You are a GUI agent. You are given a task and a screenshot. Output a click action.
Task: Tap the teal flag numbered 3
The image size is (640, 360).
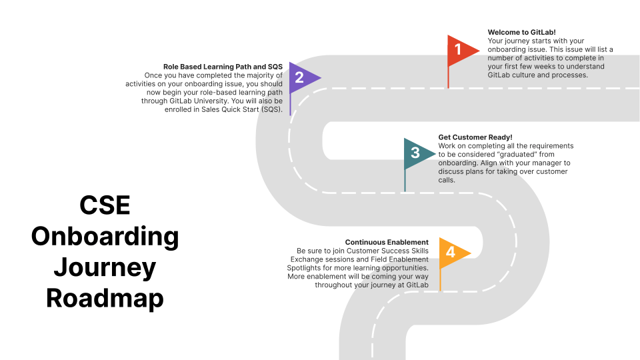(417, 153)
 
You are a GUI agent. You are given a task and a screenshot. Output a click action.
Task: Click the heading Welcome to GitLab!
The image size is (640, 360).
(521, 32)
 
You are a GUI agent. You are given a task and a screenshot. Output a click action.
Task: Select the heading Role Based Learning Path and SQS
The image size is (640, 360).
(223, 67)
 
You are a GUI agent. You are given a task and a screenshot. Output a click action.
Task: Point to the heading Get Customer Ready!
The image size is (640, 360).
(475, 137)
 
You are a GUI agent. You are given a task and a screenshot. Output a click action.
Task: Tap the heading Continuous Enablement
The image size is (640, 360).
(387, 242)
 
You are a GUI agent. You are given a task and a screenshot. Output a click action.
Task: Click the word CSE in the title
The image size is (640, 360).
(105, 205)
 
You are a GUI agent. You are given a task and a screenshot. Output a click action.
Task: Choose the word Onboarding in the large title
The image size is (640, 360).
(105, 236)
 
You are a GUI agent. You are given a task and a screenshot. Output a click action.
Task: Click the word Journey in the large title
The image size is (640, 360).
(105, 268)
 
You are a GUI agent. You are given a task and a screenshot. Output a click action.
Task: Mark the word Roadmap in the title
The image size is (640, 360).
(105, 299)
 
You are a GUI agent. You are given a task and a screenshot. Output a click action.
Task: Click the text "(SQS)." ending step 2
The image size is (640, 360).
(272, 109)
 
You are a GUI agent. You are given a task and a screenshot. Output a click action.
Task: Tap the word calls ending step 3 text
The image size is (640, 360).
(447, 180)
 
